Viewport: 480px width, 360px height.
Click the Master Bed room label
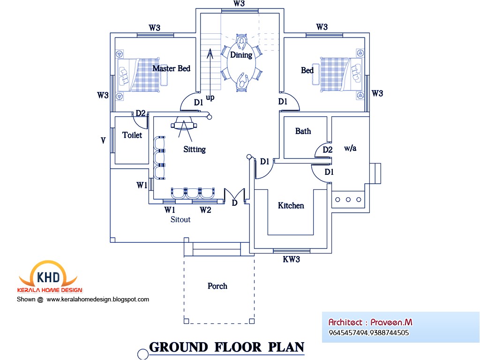pyautogui.click(x=171, y=69)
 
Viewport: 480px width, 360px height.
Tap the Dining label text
pyautogui.click(x=241, y=55)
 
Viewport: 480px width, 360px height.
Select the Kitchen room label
pyautogui.click(x=291, y=206)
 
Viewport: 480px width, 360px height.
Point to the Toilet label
pyautogui.click(x=132, y=135)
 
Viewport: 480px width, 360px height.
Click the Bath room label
pyautogui.click(x=303, y=131)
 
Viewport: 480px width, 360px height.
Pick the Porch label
pyautogui.click(x=217, y=286)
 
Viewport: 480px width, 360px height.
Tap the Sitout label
pyautogui.click(x=180, y=219)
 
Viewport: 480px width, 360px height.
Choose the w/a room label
pyautogui.click(x=350, y=148)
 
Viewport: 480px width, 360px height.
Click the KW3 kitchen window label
pyautogui.click(x=291, y=259)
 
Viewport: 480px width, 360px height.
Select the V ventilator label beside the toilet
pyautogui.click(x=103, y=140)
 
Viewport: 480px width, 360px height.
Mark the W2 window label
pyautogui.click(x=205, y=210)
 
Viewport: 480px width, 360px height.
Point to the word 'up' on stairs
pyautogui.click(x=210, y=97)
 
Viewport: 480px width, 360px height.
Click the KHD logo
pyautogui.click(x=47, y=276)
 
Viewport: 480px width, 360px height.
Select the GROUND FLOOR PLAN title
pyautogui.click(x=226, y=347)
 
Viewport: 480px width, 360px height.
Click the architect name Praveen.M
pyautogui.click(x=391, y=322)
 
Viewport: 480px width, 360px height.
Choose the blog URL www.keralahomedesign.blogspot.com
pyautogui.click(x=98, y=299)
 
